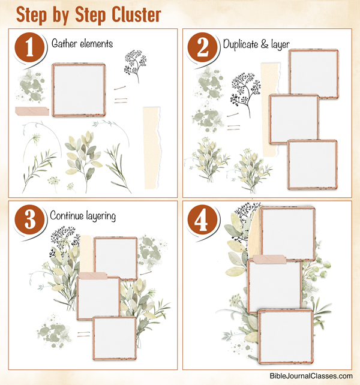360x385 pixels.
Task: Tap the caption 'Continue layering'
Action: tap(82, 214)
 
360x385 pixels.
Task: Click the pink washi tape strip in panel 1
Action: tap(29, 110)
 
